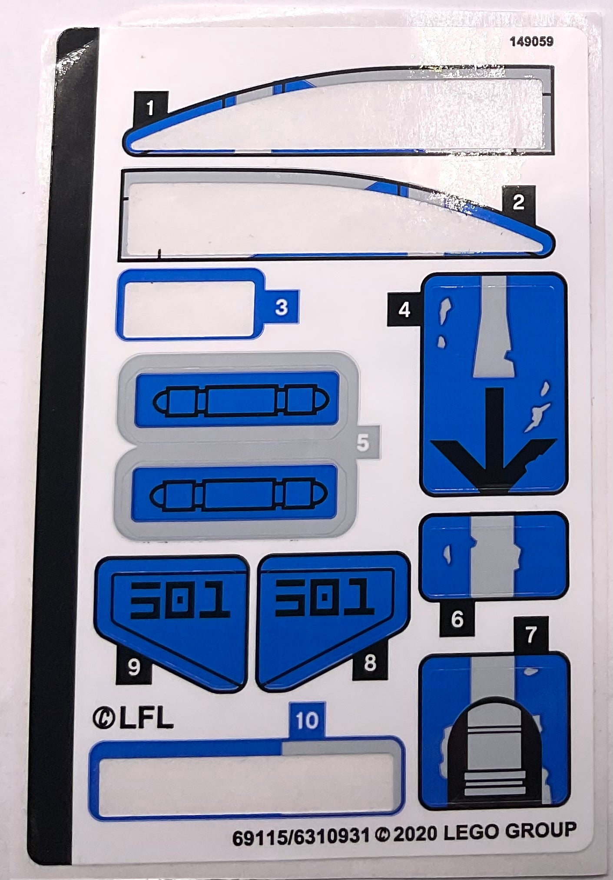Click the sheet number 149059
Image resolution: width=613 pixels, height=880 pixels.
pyautogui.click(x=531, y=42)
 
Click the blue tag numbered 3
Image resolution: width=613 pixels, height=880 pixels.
pyautogui.click(x=282, y=307)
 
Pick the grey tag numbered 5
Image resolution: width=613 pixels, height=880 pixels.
pyautogui.click(x=363, y=443)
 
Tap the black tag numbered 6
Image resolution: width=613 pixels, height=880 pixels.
pyautogui.click(x=457, y=619)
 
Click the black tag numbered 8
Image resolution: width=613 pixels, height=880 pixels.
pyautogui.click(x=370, y=664)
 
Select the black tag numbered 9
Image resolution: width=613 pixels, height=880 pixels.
pyautogui.click(x=134, y=667)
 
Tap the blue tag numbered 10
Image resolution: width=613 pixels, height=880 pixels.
pyautogui.click(x=307, y=721)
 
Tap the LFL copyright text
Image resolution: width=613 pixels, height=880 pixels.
pyautogui.click(x=133, y=719)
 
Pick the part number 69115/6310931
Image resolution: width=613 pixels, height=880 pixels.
pyautogui.click(x=301, y=836)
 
